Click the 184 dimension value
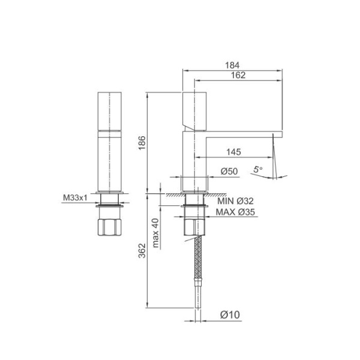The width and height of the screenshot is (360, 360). point(232,64)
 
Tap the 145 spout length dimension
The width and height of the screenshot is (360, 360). point(235,152)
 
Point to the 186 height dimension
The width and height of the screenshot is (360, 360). point(142,143)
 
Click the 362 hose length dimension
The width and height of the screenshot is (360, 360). point(142,250)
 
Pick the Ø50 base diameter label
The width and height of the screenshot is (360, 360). point(230,172)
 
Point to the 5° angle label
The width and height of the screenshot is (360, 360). point(258,170)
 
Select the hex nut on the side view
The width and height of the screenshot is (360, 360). point(194,227)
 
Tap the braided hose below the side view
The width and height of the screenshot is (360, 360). point(195,258)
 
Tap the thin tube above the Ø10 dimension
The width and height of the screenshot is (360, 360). point(195,294)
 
